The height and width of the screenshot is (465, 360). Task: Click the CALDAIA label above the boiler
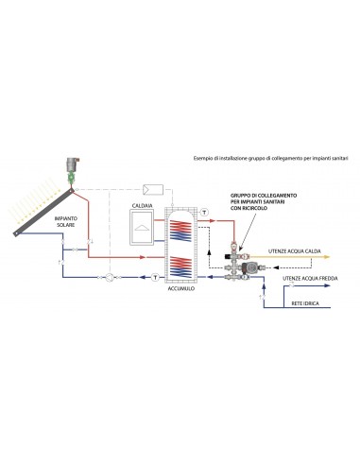point(142,205)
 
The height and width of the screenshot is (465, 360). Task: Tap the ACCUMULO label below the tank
point(181,288)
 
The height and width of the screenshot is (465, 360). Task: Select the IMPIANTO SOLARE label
point(66,221)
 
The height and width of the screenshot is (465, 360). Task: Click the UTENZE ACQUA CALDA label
point(295,251)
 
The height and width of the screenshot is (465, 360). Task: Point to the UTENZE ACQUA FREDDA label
point(310,279)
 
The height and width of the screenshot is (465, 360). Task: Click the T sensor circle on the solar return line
point(155,277)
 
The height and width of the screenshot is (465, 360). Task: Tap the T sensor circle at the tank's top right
point(204,212)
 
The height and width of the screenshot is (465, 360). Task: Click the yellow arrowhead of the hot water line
point(327,257)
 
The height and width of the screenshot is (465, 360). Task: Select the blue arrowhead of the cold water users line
point(328,285)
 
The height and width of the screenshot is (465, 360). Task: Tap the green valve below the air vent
point(72,178)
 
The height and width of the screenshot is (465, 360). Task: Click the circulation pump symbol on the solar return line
point(110,277)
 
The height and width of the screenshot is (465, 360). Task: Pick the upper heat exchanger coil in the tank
point(180,231)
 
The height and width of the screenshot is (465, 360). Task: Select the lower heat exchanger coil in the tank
point(180,267)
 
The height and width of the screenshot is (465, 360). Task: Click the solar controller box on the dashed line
point(153,190)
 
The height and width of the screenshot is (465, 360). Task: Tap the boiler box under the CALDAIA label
point(142,227)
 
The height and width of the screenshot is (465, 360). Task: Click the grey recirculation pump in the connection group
point(247,267)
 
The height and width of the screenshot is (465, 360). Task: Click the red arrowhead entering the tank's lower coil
point(143,257)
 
